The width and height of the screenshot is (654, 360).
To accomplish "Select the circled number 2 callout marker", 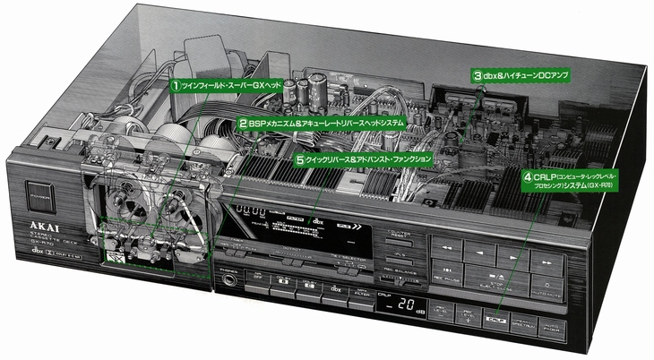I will tap(242, 120).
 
